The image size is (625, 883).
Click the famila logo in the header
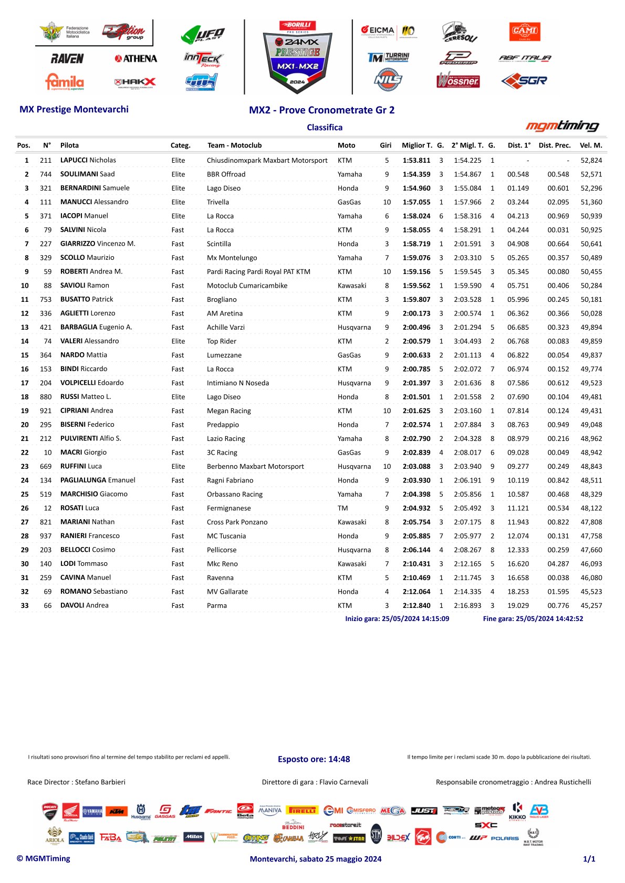(65, 81)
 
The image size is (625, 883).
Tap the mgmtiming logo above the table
(562, 125)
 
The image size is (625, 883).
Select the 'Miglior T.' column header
(417, 145)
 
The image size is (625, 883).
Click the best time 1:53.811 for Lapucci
(416, 160)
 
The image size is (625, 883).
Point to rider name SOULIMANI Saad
(87, 174)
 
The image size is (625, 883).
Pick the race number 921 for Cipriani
(46, 411)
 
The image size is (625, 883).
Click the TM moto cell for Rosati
(343, 508)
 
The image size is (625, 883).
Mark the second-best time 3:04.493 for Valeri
(467, 341)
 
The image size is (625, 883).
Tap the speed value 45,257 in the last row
(591, 605)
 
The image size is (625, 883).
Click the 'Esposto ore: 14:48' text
(314, 759)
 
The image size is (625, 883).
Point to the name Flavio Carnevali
(343, 782)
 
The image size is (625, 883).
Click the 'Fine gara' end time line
(533, 618)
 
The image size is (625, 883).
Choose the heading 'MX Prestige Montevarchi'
(74, 109)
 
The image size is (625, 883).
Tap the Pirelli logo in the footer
(302, 810)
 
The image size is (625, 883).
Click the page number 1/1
(589, 859)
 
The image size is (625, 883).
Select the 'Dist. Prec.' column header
(554, 145)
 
